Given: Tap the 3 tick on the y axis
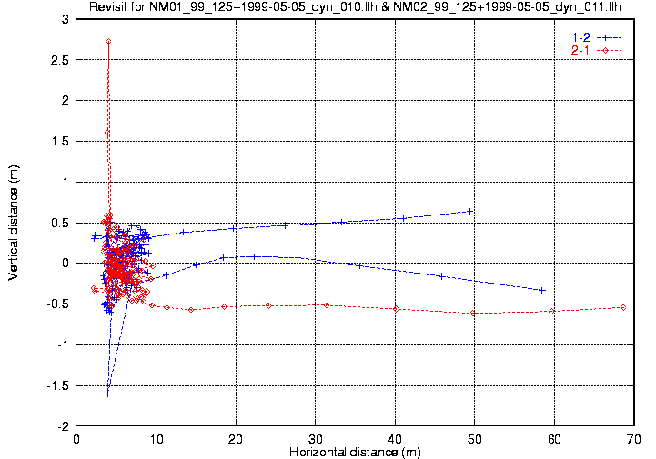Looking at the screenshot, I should [x=65, y=19].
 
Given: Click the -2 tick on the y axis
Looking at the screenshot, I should [x=62, y=425].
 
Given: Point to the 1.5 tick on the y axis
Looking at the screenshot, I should [x=59, y=141].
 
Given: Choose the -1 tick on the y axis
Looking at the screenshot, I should [x=62, y=344].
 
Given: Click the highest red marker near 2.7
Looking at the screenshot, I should [x=108, y=41].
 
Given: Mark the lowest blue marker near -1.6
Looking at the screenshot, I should [x=107, y=393].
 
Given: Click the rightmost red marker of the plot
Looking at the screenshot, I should [x=623, y=307].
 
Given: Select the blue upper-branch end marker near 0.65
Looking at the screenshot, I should [x=470, y=211].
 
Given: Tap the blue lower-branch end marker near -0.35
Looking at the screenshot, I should [x=542, y=290].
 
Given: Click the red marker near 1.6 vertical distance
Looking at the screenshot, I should [x=107, y=133].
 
